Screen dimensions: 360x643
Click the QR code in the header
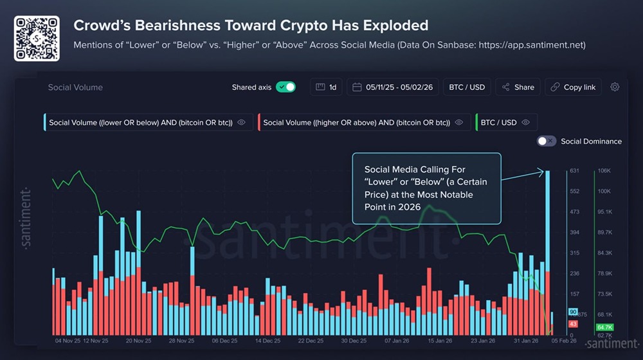point(37,39)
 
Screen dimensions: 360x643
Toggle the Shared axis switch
point(285,87)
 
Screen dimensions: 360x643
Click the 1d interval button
point(327,87)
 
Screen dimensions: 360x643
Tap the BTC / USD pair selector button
point(467,87)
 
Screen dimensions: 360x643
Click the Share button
point(518,87)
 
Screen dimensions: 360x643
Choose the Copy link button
point(574,87)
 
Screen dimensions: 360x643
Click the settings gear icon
point(615,87)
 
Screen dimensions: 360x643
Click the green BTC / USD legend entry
point(505,122)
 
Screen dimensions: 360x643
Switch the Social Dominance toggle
point(547,141)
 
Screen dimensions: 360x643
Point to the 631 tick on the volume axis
point(575,171)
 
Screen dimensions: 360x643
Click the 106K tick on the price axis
point(604,171)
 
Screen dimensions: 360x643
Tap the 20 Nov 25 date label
point(138,341)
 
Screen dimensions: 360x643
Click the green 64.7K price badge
point(604,327)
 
